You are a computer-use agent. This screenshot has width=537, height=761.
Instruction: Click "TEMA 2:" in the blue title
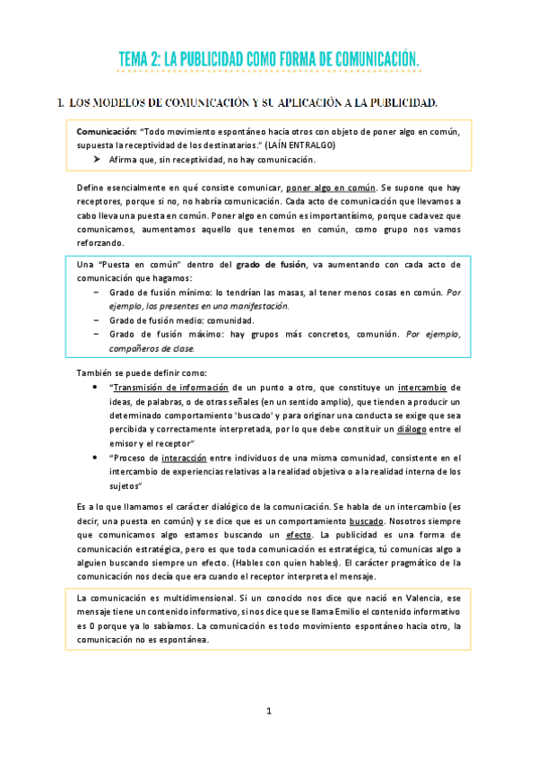pyautogui.click(x=139, y=59)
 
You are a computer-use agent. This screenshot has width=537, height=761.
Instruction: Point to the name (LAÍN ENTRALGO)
pyautogui.click(x=301, y=144)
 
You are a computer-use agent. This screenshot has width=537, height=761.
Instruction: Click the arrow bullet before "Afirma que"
pyautogui.click(x=96, y=159)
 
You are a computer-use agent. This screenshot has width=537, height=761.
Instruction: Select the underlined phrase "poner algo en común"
pyautogui.click(x=331, y=188)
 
